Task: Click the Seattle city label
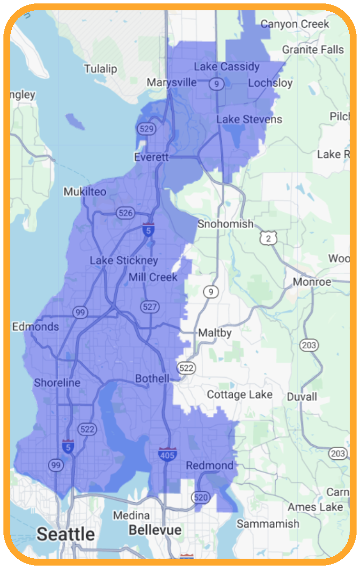(66, 534)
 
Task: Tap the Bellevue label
(155, 530)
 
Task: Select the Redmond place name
(210, 465)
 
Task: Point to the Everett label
(151, 157)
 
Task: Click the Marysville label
(171, 82)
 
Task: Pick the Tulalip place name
(100, 69)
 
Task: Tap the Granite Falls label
(313, 49)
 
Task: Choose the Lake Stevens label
(249, 119)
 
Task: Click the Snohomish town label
(225, 224)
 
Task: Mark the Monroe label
(312, 282)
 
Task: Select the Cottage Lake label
(240, 395)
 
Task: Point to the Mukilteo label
(85, 191)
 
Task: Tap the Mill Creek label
(153, 277)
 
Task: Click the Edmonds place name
(35, 327)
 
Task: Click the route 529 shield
(146, 129)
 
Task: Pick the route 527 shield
(149, 307)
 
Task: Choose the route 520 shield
(201, 498)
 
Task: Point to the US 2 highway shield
(268, 238)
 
